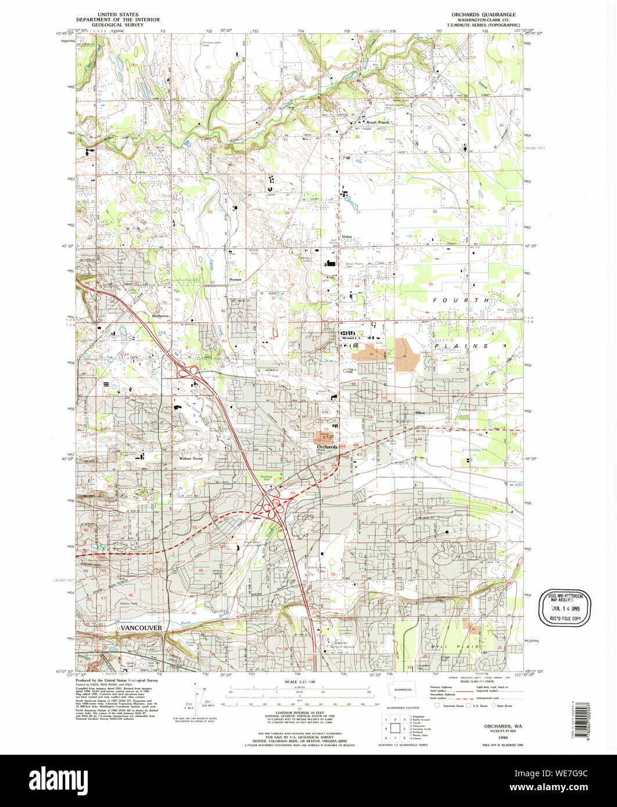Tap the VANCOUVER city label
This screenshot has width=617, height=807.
point(141,628)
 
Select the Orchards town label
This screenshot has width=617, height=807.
point(327,446)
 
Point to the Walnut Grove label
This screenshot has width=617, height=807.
point(191,458)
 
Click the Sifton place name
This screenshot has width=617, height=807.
point(420,412)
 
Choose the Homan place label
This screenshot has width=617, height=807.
point(235,279)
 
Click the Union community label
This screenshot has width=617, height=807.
point(347,236)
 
